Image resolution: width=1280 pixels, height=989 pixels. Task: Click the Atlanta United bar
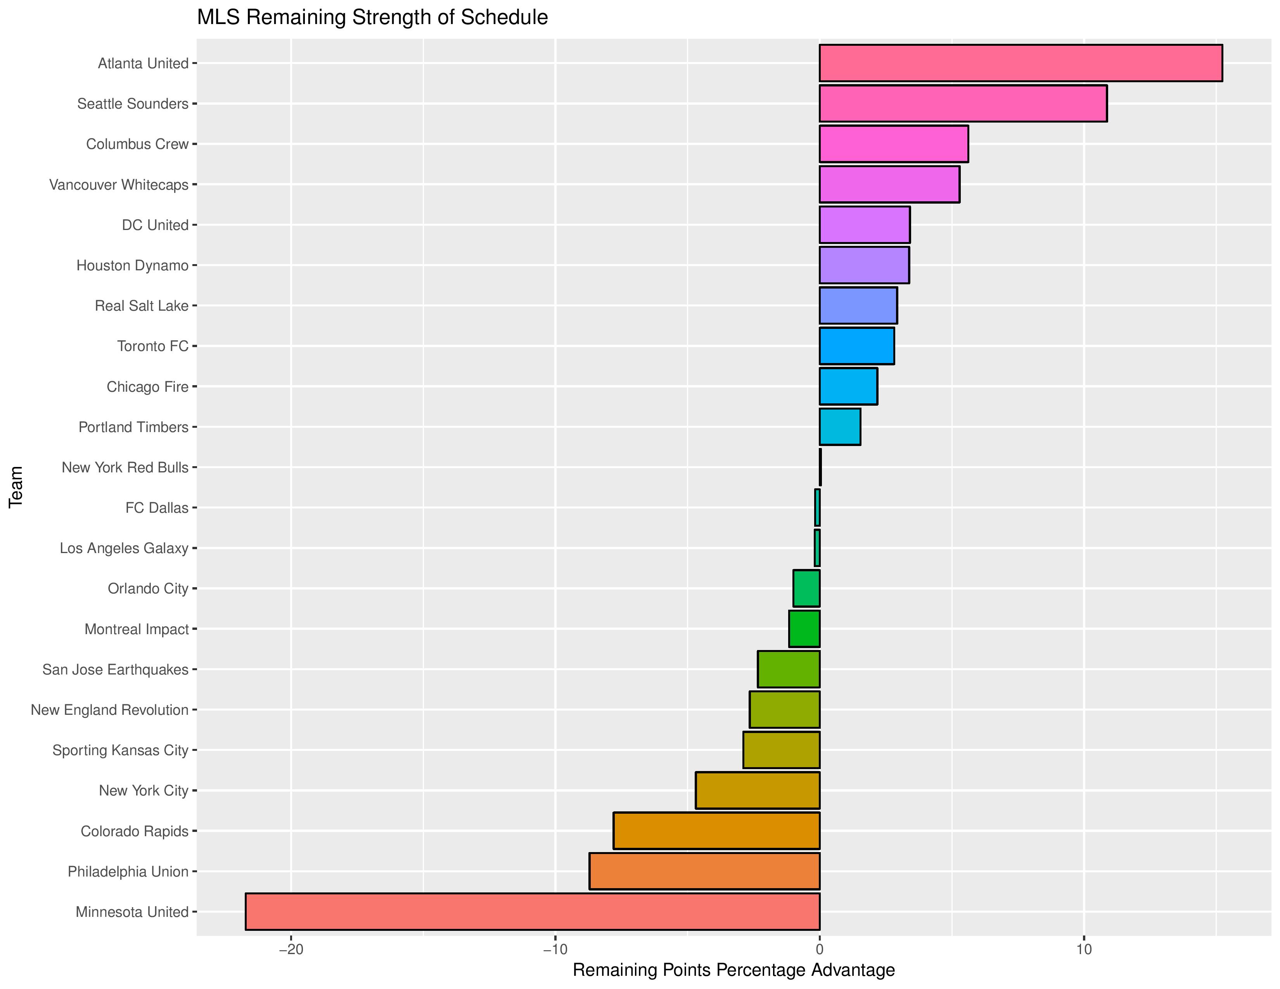click(x=1021, y=63)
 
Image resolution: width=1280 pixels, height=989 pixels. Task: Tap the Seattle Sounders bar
click(x=963, y=103)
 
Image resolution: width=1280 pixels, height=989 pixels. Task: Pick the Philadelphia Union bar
click(x=704, y=871)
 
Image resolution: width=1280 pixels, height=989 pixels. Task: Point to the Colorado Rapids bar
click(x=716, y=830)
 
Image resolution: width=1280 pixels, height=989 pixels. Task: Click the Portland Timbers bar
click(x=840, y=427)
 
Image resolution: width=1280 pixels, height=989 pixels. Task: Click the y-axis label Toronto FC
click(x=152, y=346)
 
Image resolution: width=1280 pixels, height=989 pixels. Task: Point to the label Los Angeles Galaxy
click(x=124, y=548)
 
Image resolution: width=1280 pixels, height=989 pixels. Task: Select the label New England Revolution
click(x=110, y=710)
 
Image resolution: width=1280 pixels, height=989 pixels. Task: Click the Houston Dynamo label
click(x=132, y=265)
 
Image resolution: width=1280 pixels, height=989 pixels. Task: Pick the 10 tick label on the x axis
click(x=1084, y=949)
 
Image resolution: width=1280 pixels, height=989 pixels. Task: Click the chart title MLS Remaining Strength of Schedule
click(x=372, y=17)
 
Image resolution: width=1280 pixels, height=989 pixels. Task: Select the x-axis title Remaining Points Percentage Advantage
click(x=733, y=970)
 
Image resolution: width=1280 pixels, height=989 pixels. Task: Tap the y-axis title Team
click(x=16, y=486)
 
